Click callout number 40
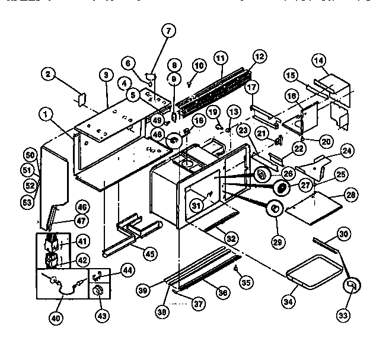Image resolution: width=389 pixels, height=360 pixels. click(55, 317)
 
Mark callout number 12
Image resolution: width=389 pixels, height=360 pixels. click(259, 58)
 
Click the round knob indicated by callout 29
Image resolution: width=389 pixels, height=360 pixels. click(275, 209)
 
